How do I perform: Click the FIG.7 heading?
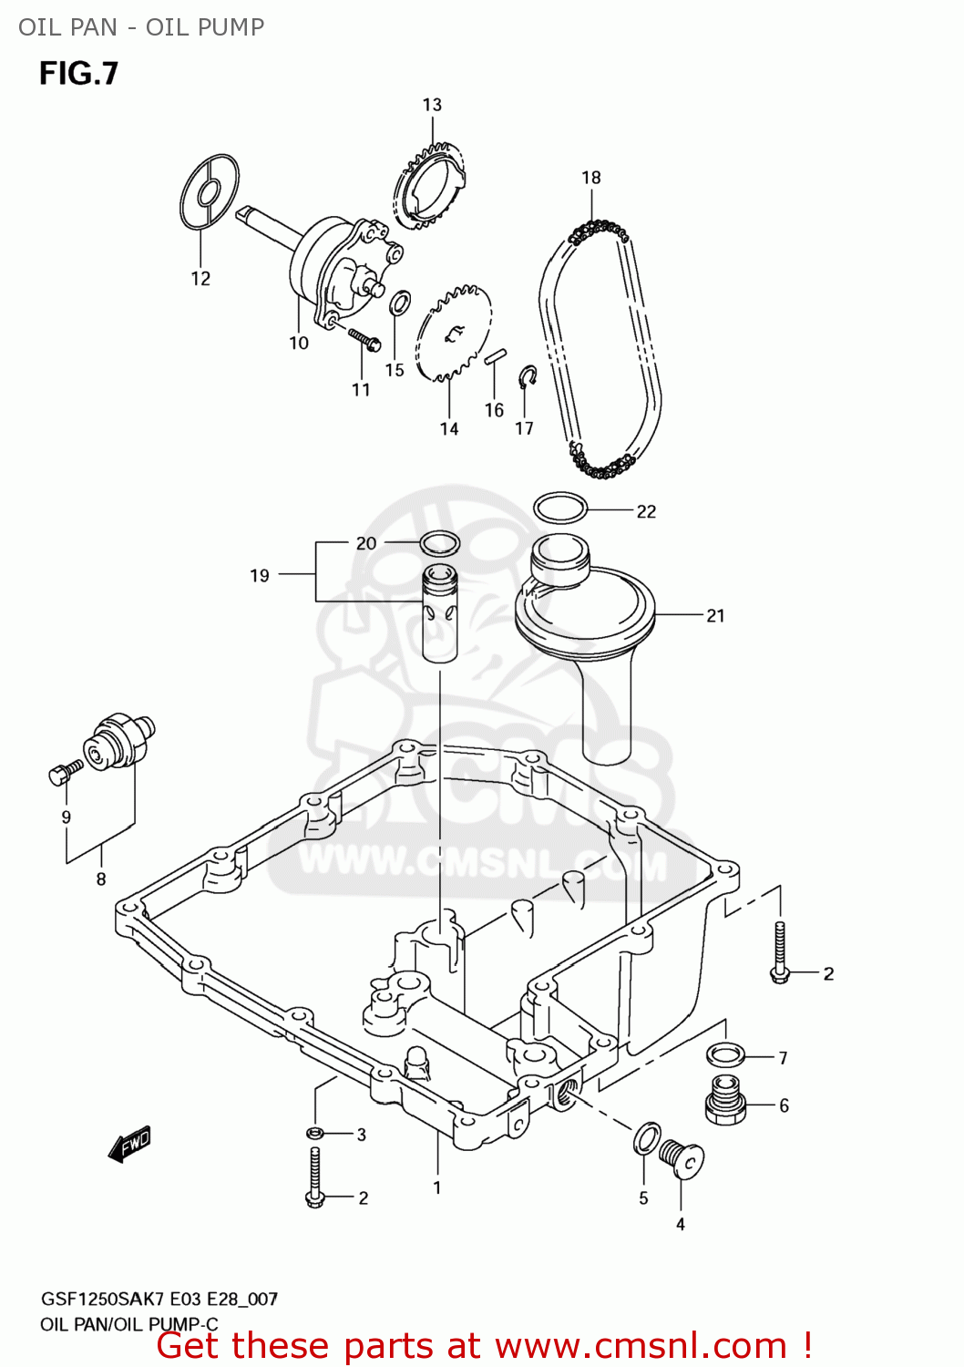(x=78, y=73)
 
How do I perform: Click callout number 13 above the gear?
(x=432, y=105)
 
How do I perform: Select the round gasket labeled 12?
(x=210, y=192)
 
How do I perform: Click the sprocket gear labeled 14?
(x=454, y=334)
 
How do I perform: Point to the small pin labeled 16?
(x=495, y=355)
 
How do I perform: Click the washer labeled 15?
(x=399, y=303)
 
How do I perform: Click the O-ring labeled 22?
(x=559, y=508)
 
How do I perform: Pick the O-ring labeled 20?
(x=439, y=544)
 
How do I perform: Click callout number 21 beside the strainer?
(x=715, y=616)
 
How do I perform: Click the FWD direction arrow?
(x=129, y=1144)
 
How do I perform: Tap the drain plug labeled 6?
(x=725, y=1102)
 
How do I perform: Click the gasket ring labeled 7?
(x=726, y=1055)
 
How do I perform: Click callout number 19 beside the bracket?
(x=260, y=575)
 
